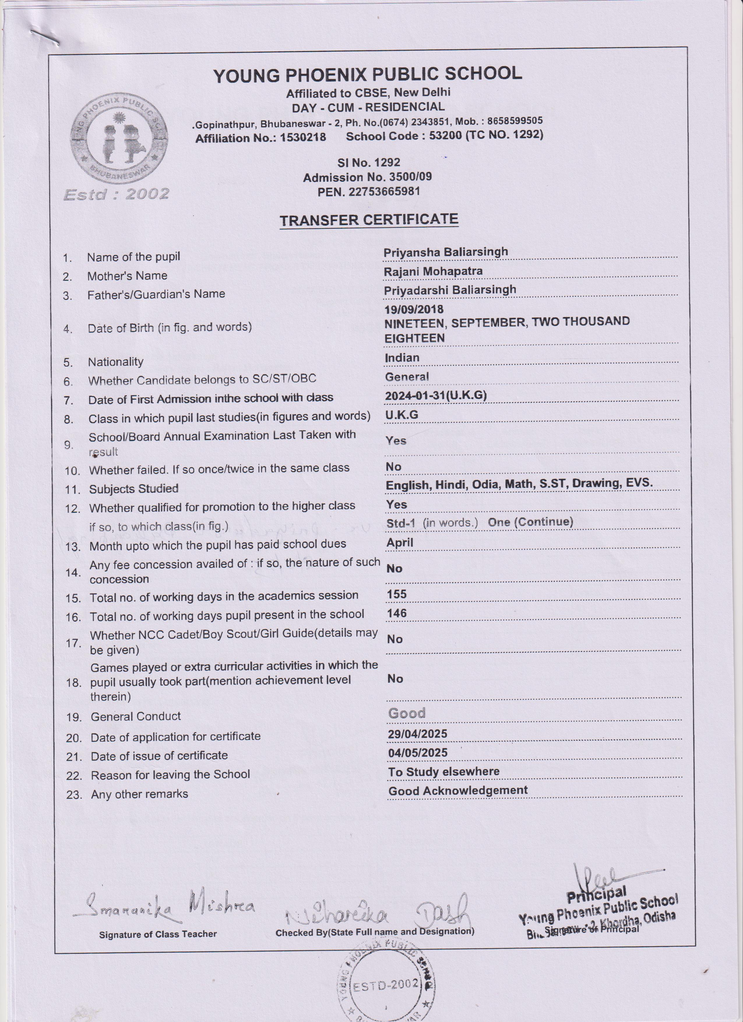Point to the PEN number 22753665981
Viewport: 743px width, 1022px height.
[x=369, y=191]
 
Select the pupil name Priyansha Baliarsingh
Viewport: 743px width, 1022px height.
[x=445, y=252]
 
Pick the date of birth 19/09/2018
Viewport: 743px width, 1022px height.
[x=414, y=309]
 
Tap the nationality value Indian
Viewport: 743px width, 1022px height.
[x=402, y=358]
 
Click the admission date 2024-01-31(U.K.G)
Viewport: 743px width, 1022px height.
[x=435, y=395]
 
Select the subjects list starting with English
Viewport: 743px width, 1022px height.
[x=519, y=483]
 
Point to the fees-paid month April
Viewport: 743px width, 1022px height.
[x=400, y=543]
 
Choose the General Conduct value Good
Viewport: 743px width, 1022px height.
[x=406, y=713]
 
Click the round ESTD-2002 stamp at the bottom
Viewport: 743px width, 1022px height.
[x=386, y=987]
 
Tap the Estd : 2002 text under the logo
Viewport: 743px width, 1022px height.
[x=116, y=194]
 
